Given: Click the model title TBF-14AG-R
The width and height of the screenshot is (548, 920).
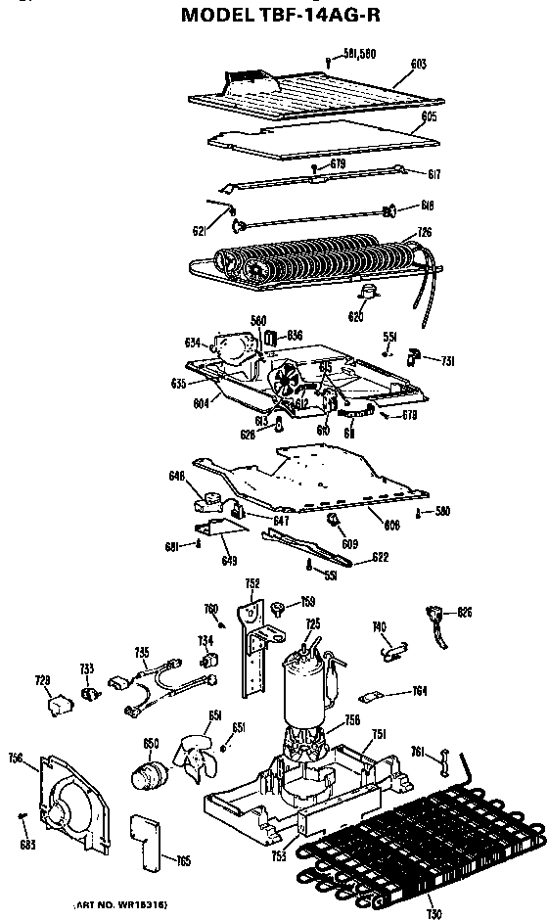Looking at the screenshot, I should click(274, 17).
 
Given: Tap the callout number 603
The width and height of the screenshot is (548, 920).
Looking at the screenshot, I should click(418, 65).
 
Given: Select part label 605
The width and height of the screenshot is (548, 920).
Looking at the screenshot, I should click(429, 116).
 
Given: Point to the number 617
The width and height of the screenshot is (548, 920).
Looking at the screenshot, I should click(433, 174).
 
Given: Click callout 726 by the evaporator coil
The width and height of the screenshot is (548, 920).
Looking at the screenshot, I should click(424, 232).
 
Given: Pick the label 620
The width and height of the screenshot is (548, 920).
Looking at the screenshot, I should click(355, 316).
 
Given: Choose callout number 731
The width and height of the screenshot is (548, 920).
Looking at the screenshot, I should click(447, 361).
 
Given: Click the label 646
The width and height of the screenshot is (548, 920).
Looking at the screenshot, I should click(176, 477).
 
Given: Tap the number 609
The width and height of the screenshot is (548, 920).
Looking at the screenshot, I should click(349, 543).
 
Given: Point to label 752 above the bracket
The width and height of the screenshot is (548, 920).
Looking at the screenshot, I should click(251, 583).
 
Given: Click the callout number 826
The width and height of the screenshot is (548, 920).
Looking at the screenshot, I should click(465, 612).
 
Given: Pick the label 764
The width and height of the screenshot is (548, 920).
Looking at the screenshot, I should click(419, 692).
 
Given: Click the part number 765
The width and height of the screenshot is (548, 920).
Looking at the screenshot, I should click(183, 860).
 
